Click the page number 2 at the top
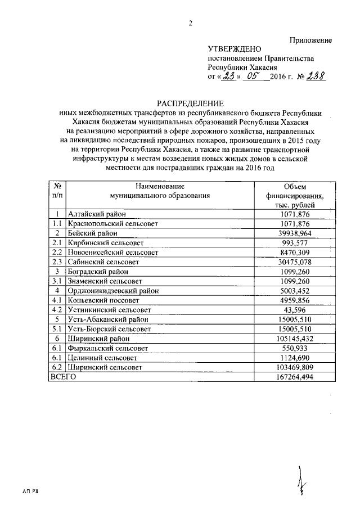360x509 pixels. [x=190, y=23]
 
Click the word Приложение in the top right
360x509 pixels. [x=310, y=40]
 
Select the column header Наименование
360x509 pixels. [x=160, y=186]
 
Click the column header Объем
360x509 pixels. [x=293, y=186]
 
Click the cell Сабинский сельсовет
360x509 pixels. [x=105, y=262]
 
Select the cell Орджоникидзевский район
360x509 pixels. [x=113, y=290]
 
